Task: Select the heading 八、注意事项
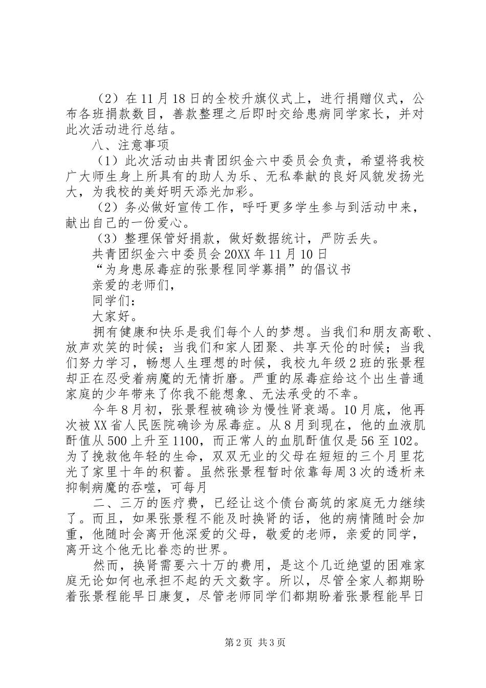[134, 145]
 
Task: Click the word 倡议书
[334, 269]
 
